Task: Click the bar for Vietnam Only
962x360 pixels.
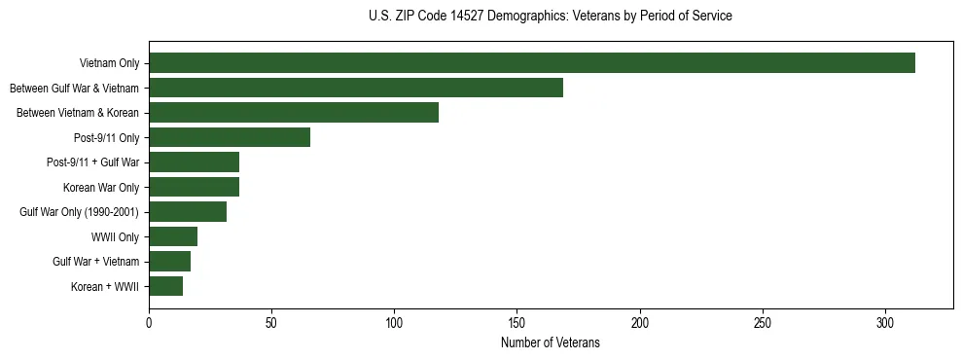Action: point(532,63)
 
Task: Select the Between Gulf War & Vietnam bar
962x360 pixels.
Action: point(356,88)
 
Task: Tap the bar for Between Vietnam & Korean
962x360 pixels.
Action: point(294,113)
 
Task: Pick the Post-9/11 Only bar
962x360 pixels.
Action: point(230,137)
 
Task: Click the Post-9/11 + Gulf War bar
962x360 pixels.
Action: point(195,162)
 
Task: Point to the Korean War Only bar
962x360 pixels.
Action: point(195,187)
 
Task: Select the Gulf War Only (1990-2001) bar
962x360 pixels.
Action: point(188,211)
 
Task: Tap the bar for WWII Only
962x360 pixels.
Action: point(173,236)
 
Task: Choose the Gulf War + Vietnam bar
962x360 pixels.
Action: point(170,261)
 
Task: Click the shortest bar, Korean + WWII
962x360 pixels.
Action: point(166,286)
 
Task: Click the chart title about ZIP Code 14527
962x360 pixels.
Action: point(551,17)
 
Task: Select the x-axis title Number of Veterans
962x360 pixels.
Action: point(551,343)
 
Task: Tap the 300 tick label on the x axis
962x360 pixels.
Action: point(885,322)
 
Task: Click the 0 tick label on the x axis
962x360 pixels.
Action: point(149,322)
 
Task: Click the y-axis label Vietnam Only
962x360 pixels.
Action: point(110,63)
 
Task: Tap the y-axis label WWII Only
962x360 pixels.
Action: point(115,236)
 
